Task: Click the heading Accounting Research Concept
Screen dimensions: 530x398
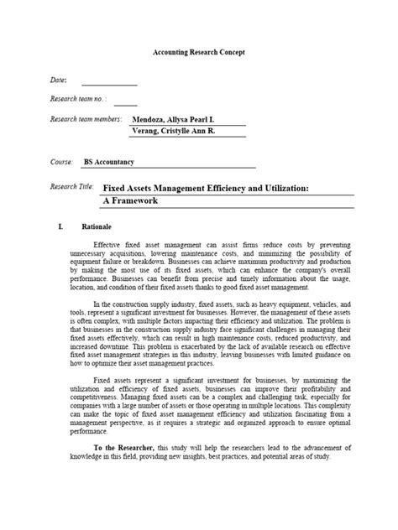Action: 199,52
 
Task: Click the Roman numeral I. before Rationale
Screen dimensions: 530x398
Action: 60,226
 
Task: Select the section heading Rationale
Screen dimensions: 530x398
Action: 95,226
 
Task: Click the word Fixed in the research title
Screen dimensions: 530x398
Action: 115,190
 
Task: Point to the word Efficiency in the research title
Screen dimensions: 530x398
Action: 228,190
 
